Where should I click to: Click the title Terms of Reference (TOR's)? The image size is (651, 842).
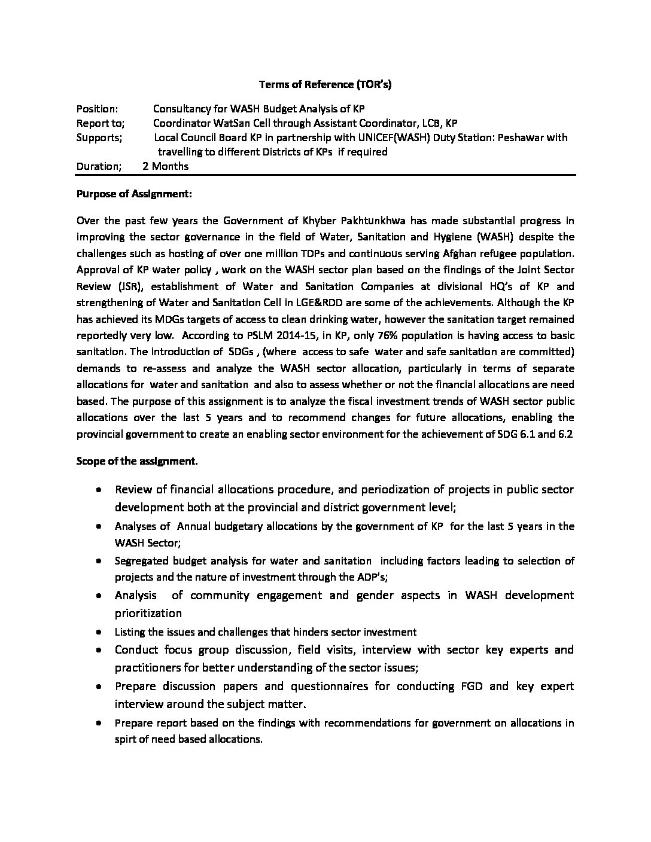click(x=325, y=84)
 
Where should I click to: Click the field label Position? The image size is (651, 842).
click(x=97, y=109)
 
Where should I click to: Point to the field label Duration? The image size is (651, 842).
click(x=99, y=166)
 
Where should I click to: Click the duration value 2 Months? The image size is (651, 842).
click(x=165, y=166)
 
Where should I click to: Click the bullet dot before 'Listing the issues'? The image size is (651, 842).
click(x=98, y=632)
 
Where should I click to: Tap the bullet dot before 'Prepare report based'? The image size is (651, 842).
click(x=98, y=723)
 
